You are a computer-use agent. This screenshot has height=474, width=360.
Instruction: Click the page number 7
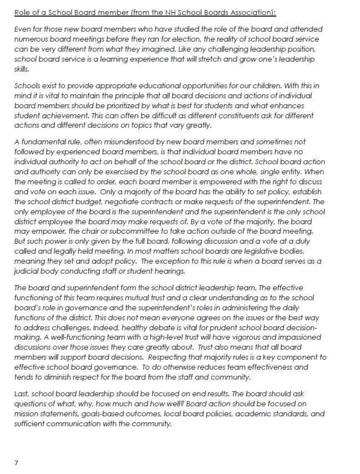coord(16,462)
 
